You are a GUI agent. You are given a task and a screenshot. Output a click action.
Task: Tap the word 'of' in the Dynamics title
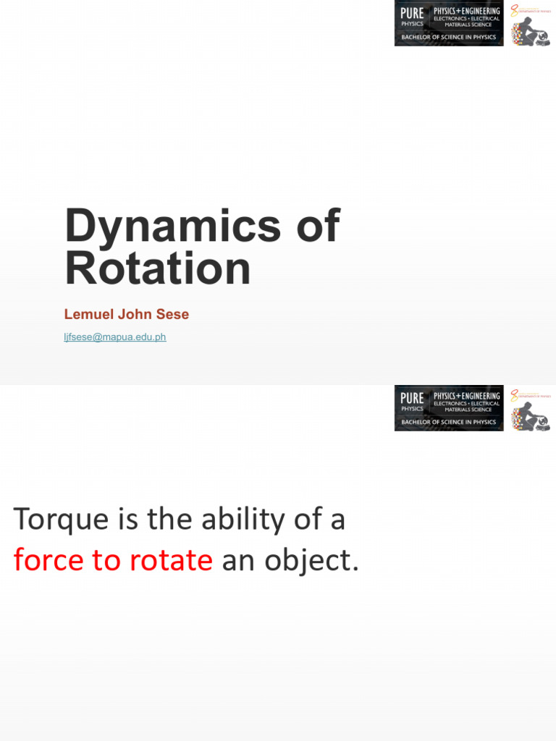316,225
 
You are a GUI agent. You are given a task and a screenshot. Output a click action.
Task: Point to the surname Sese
174,315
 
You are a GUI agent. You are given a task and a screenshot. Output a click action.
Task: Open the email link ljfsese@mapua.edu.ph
115,337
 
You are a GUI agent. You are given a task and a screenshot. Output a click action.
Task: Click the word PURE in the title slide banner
412,13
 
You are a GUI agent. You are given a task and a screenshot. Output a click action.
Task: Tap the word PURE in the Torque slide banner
412,398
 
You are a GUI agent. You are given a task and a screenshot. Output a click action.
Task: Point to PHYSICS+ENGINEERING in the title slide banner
467,11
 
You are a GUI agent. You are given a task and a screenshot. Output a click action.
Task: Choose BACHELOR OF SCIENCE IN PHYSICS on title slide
449,37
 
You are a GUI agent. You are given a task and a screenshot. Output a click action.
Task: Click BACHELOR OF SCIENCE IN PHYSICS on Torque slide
449,422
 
